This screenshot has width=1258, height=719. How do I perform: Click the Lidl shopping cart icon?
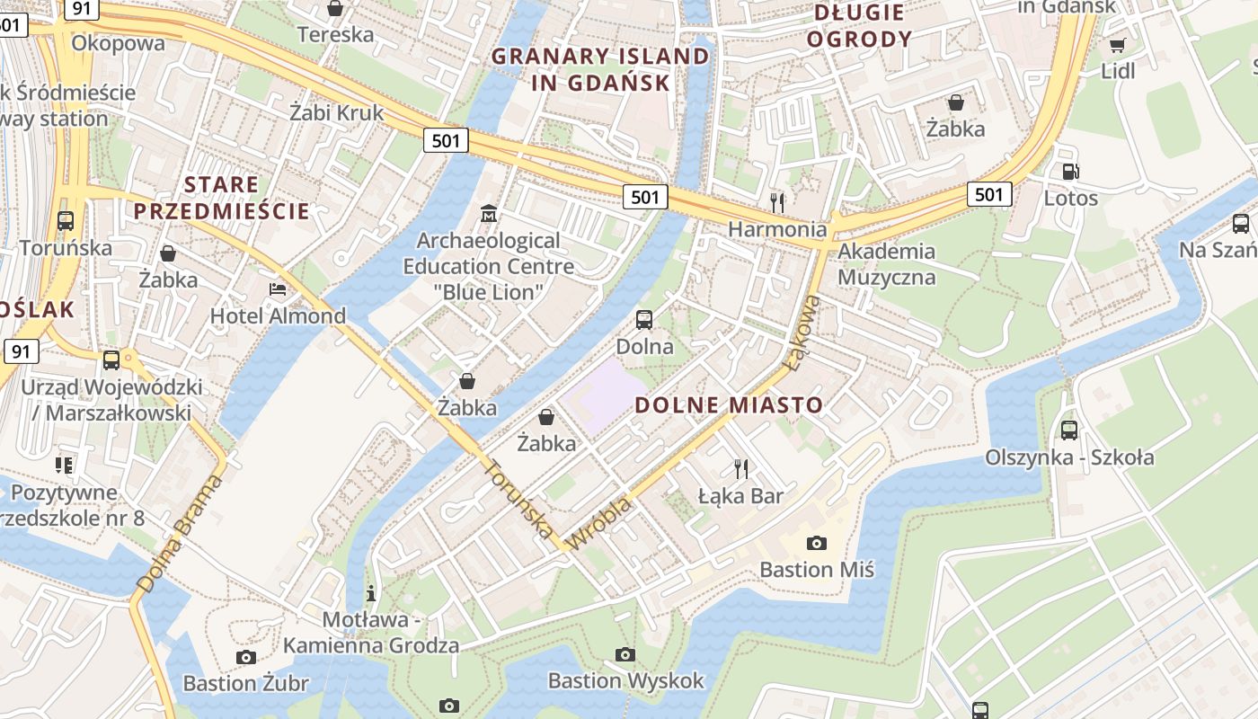1117,45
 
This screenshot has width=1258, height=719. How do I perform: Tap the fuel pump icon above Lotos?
1070,172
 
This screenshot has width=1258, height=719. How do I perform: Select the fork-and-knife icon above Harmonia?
777,201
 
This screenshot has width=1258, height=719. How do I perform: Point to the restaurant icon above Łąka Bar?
740,468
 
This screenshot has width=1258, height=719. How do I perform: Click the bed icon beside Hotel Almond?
278,289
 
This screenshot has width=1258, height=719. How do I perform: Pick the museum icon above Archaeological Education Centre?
489,213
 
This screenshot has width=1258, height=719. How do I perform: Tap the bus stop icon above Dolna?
643,319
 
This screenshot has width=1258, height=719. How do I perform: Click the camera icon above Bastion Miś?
816,542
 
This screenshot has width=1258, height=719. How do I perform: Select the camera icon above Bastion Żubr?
245,657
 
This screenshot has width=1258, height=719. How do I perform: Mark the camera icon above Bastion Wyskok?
625,654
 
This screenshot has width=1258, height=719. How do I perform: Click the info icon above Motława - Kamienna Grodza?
370,593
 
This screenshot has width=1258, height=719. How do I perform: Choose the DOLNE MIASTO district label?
729,405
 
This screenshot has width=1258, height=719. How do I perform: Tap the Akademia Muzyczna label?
886,263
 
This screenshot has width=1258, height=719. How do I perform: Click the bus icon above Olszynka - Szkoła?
1068,430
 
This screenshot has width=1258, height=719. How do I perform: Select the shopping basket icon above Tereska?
335,9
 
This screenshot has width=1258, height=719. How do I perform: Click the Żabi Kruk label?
337,112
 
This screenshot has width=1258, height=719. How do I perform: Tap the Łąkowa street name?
802,333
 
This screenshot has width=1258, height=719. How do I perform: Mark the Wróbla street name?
601,524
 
